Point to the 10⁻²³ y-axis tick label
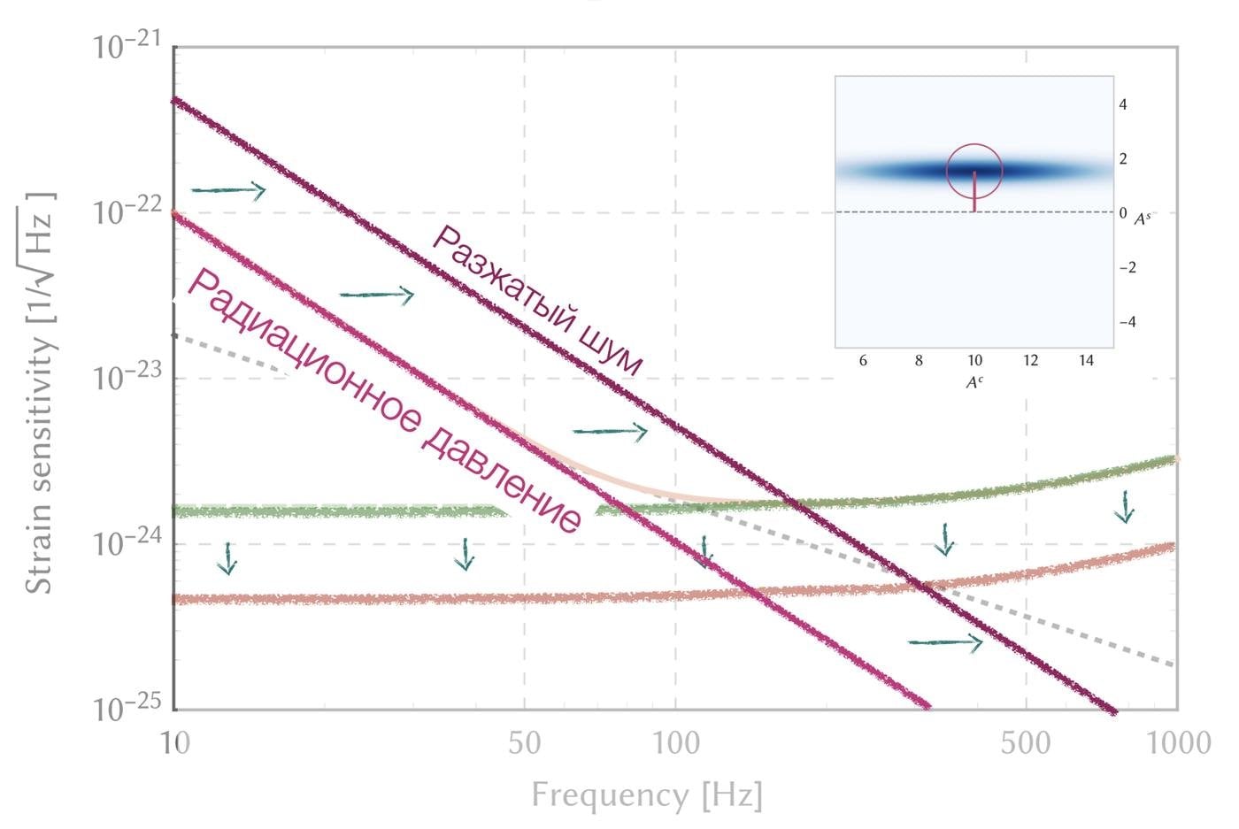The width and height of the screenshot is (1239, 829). (x=127, y=378)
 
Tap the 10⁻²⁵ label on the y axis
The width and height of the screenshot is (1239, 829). (x=127, y=709)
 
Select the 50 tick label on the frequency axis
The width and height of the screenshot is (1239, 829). (x=525, y=742)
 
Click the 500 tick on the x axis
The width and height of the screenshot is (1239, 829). (x=1026, y=742)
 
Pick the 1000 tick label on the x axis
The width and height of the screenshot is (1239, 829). (x=1175, y=742)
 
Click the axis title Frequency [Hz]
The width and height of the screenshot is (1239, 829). (x=646, y=794)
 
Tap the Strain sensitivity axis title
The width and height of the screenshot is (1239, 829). (x=40, y=389)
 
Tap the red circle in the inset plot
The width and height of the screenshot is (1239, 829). (x=974, y=171)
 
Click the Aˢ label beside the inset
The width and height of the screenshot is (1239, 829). (x=1143, y=217)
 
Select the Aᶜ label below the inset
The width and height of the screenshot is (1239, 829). (x=974, y=383)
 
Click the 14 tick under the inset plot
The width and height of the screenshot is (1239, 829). (x=1086, y=361)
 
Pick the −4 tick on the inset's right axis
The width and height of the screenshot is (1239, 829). (x=1127, y=322)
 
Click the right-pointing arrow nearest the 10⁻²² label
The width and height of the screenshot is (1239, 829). (x=228, y=190)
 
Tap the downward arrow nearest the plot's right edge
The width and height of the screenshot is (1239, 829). (x=1124, y=507)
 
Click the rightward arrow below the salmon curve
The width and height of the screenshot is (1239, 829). (x=944, y=642)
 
